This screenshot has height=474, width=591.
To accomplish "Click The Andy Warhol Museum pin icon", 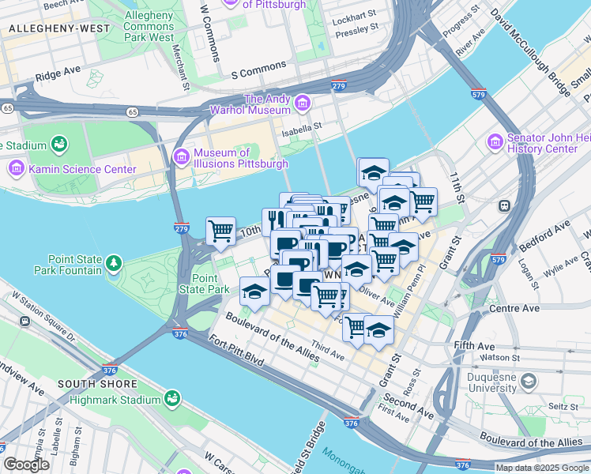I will pos(302,103).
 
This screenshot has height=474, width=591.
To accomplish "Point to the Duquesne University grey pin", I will pos(528,382).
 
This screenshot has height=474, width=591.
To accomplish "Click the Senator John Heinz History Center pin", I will pos(495,142).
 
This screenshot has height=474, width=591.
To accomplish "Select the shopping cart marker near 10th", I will pos(220,230).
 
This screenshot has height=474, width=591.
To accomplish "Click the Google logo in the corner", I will pos(26,465).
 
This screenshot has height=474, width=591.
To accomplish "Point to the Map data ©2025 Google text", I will pos(541,468).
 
